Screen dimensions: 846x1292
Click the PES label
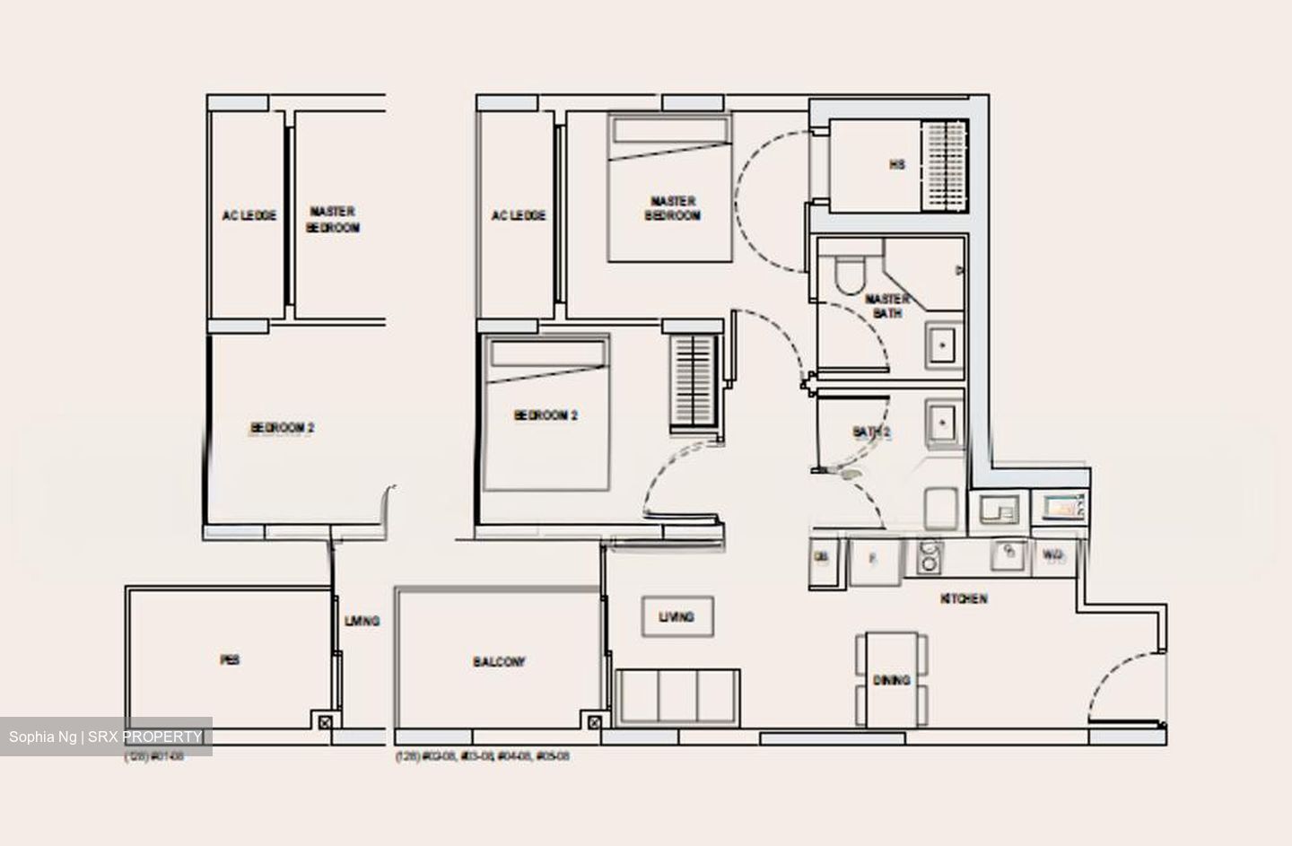coord(230,660)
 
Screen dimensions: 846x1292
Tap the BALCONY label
coord(499,662)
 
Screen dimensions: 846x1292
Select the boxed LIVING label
coord(677,617)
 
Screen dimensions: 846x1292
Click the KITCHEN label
coord(964,598)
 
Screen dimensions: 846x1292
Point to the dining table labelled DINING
coord(891,680)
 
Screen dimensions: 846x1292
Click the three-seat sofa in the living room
coord(678,696)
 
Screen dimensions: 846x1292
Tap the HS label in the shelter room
coord(896,165)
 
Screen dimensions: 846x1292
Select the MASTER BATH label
coord(887,305)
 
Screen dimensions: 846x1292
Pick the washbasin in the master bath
coord(942,344)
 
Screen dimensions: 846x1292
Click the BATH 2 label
coord(870,432)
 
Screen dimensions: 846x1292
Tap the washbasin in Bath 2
coord(942,420)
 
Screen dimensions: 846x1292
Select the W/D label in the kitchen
coord(1053,556)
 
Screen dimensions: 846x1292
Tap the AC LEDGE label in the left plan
coord(249,215)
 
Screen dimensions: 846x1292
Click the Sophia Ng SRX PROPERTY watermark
coord(106,737)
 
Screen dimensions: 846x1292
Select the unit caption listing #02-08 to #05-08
coord(483,757)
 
